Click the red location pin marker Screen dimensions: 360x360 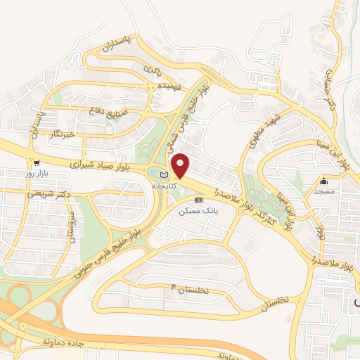(x=181, y=166)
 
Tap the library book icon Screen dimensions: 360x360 (x=165, y=175)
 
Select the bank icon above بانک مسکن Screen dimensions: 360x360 (x=198, y=200)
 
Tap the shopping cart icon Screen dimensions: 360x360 (x=36, y=162)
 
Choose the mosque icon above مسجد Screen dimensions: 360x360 (x=323, y=180)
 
